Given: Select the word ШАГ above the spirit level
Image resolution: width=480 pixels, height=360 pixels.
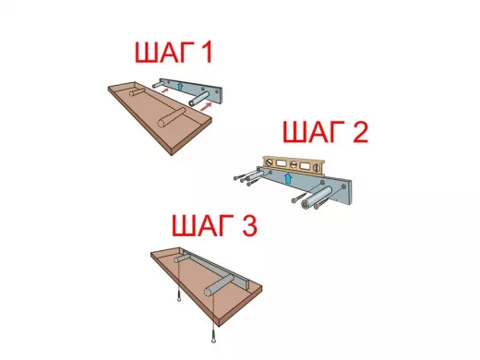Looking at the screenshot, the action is coord(314,132).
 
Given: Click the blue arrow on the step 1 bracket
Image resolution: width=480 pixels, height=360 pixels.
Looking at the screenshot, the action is coord(180,86).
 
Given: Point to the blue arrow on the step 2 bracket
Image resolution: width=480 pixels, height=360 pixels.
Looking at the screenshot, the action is coord(288,178).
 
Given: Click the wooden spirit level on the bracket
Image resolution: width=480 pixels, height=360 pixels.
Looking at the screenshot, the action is coord(294,166).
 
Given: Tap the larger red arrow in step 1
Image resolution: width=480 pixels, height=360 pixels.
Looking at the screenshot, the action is coord(206,106).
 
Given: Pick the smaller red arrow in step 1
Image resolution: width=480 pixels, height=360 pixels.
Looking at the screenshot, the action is coord(165,90).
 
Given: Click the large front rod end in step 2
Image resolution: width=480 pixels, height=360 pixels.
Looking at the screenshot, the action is coord(306,205).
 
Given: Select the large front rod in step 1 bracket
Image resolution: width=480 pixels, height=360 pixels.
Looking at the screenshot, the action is coord(200,99).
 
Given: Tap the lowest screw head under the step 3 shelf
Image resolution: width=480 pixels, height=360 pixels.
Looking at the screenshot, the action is coord(213,340).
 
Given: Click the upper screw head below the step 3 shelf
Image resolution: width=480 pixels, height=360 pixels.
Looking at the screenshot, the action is coord(179,299).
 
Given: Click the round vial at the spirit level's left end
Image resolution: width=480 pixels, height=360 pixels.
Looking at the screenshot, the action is coord(270,162).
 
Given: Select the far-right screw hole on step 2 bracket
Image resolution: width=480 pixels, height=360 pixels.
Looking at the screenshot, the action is coord(343,186).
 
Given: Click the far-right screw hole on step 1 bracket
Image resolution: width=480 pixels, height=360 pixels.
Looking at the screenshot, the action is coord(218,91).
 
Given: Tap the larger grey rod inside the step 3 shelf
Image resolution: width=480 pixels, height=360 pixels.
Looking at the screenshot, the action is coord(220,285).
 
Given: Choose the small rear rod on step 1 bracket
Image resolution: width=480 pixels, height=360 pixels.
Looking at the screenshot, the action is coord(159,83).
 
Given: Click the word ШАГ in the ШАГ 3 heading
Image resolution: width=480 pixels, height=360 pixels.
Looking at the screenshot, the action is coord(202,225).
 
